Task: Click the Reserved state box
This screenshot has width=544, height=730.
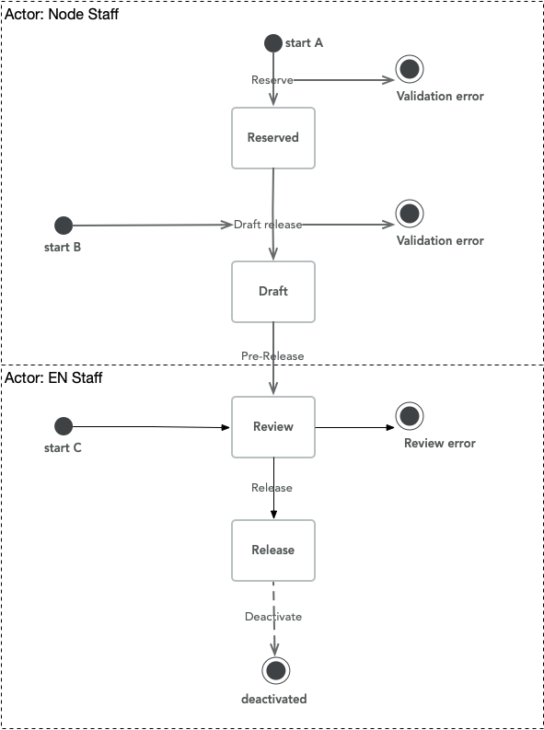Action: [273, 138]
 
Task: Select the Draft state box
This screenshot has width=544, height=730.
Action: [273, 291]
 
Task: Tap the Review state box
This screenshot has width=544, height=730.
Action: [273, 426]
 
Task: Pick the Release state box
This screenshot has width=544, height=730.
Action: [273, 550]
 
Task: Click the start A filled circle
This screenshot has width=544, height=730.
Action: [272, 43]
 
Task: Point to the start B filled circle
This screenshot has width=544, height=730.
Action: [64, 225]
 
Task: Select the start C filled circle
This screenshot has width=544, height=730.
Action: [64, 426]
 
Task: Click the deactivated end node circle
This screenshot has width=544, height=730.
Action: [274, 670]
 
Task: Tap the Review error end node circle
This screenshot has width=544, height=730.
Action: [409, 415]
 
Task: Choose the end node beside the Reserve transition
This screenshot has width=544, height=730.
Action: [409, 68]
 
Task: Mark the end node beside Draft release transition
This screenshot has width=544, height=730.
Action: [409, 214]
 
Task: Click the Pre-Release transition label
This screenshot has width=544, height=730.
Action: [272, 355]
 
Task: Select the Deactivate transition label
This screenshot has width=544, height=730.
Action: [272, 616]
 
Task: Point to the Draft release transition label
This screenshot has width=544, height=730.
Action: [267, 224]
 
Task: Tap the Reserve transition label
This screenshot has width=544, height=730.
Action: [272, 80]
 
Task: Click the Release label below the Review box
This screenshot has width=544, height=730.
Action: [272, 487]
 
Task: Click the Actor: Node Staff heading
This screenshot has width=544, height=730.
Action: [62, 15]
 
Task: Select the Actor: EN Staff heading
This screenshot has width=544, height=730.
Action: [54, 378]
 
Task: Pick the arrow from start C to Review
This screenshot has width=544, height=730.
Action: [147, 427]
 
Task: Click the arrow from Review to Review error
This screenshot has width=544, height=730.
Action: [354, 427]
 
